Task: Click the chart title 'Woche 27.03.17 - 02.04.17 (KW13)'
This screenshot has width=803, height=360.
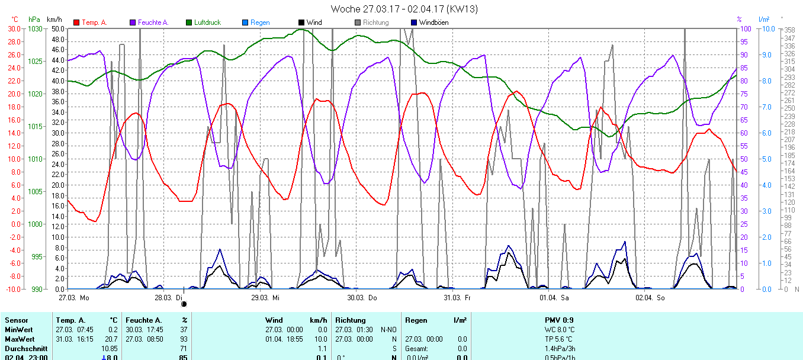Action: pyautogui.click(x=404, y=9)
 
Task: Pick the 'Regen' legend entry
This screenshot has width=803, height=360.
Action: pyautogui.click(x=259, y=22)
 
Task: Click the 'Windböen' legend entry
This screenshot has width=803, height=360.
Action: pyautogui.click(x=433, y=22)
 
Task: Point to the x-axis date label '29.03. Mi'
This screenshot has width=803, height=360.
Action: pyautogui.click(x=265, y=298)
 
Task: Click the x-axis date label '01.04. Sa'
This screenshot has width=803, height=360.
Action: pyautogui.click(x=554, y=298)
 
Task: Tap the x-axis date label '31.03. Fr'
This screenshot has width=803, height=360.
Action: pyautogui.click(x=457, y=298)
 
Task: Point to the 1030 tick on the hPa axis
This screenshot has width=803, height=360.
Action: pyautogui.click(x=35, y=28)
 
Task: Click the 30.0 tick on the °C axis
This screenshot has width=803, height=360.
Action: pyautogui.click(x=13, y=28)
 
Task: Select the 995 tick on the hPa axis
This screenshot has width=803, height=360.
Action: pyautogui.click(x=37, y=256)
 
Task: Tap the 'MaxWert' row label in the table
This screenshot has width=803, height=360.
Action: pyautogui.click(x=19, y=339)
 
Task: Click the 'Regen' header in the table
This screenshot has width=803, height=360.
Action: pyautogui.click(x=416, y=320)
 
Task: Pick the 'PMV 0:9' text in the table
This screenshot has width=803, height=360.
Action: pyautogui.click(x=559, y=320)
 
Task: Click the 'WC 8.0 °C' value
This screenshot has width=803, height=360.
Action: pyautogui.click(x=560, y=330)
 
